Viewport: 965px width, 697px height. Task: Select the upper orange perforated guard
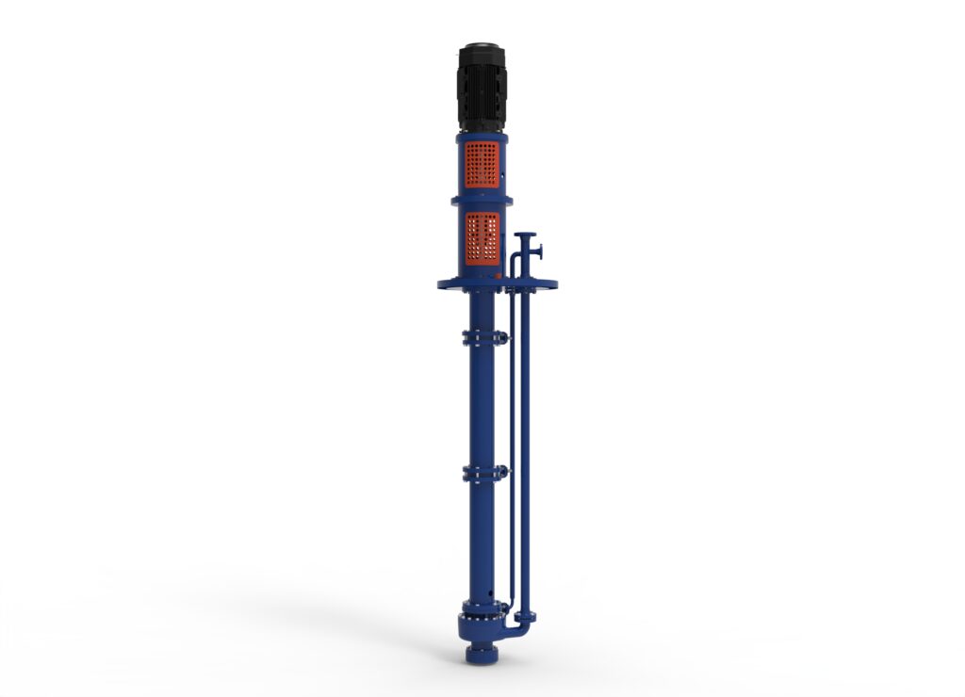pos(482,165)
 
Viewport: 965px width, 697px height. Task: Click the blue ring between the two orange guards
pos(482,200)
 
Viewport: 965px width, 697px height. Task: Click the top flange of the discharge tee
pos(526,235)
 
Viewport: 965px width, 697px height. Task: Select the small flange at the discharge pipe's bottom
pos(525,616)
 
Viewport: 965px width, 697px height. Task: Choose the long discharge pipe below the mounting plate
pos(525,443)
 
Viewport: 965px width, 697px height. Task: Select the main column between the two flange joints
pos(482,405)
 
